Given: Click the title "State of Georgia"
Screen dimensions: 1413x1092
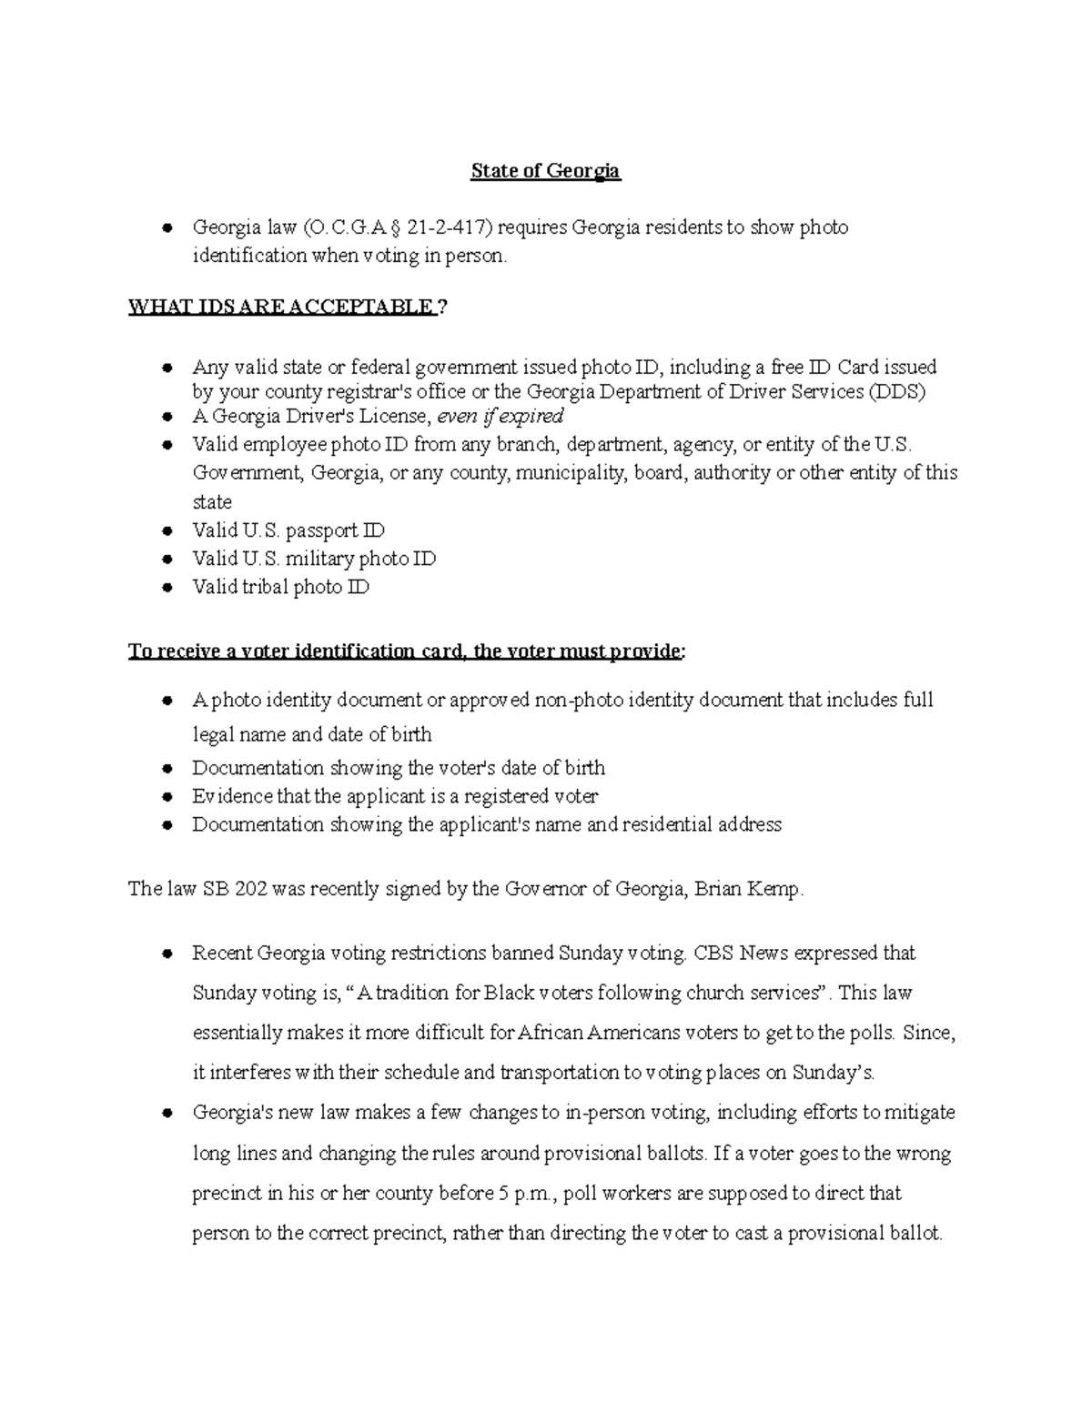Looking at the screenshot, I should [545, 171].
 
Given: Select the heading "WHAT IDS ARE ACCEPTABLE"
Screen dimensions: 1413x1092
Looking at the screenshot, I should [282, 308].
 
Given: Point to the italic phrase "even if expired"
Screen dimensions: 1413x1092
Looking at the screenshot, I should [500, 417].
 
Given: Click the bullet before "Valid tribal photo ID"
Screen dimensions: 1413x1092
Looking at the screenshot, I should [167, 588].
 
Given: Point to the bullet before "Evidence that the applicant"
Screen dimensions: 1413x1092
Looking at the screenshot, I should [167, 797].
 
